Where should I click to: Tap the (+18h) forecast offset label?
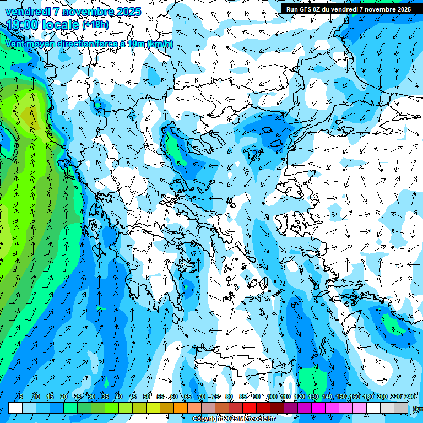pos(95,24)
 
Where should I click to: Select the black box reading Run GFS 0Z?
pos(348,9)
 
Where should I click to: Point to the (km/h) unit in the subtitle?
pos(160,44)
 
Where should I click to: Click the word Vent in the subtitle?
pos(16,44)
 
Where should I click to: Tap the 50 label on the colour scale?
pos(147,397)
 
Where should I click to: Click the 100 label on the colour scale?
pos(272,397)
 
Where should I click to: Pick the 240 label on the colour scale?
pos(409,397)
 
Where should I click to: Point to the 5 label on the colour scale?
pos(20,397)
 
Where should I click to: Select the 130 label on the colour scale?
pos(313,397)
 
